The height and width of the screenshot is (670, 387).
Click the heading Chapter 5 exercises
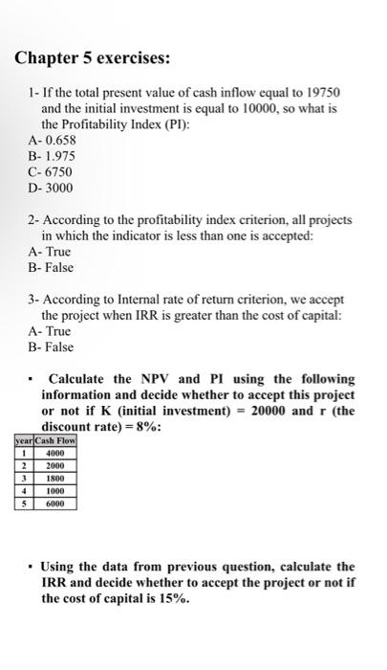[93, 58]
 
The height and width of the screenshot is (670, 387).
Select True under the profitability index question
[50, 251]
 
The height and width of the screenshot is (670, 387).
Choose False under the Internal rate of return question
[51, 346]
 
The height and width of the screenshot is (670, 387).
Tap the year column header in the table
[23, 440]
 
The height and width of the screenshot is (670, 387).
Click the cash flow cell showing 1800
[54, 477]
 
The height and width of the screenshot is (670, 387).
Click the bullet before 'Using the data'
[34, 567]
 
